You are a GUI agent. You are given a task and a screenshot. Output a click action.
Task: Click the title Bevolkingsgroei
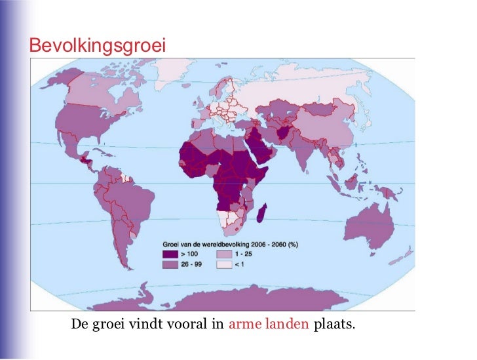point(97,45)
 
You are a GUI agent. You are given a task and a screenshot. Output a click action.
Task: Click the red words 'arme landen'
point(269,323)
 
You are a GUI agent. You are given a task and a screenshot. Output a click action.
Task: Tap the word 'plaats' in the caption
point(334,323)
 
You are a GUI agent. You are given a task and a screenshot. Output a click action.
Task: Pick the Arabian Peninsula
point(260,148)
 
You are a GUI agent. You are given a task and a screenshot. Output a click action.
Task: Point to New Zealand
point(408,254)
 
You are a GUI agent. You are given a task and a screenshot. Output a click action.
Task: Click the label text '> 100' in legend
point(191,253)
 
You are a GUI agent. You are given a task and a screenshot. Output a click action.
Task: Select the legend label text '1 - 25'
point(244,253)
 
